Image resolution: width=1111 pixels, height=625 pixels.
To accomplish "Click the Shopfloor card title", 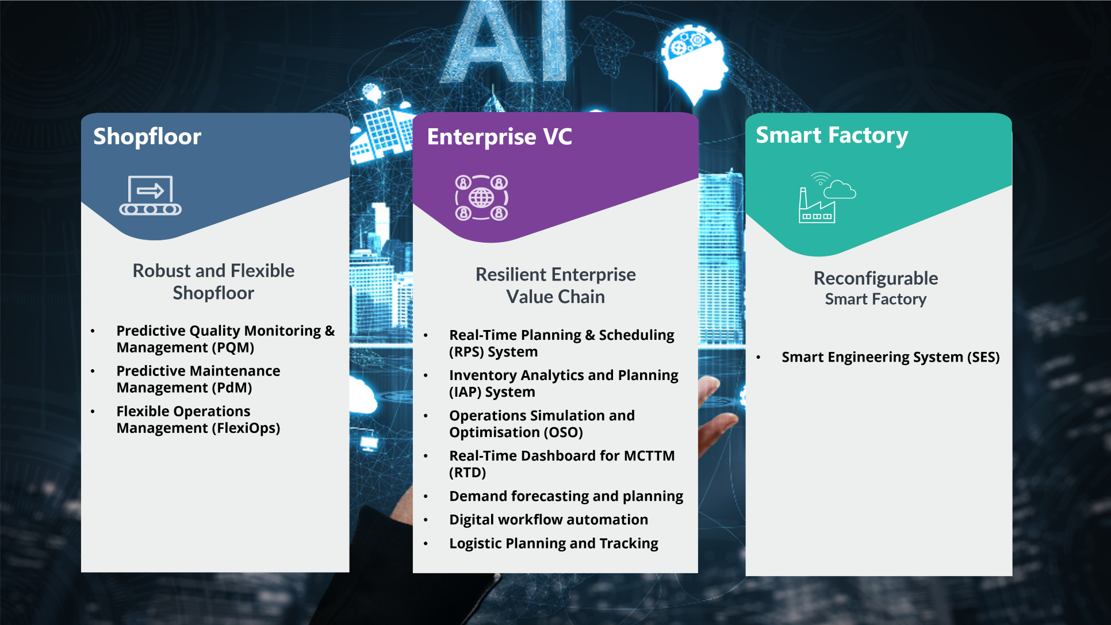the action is [147, 137].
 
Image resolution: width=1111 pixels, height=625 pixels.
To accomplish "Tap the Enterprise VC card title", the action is [499, 137].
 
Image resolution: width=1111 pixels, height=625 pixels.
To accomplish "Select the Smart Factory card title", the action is [832, 136].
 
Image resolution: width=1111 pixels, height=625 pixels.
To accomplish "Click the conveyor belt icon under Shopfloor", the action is [150, 195].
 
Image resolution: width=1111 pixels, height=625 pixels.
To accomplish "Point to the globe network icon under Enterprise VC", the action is [482, 198].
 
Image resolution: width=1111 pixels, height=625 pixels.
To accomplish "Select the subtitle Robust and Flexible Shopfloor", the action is [213, 282].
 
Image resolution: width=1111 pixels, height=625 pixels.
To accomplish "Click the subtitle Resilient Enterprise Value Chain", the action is [555, 286].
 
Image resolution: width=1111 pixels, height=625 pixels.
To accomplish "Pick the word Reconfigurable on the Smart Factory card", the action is [876, 278].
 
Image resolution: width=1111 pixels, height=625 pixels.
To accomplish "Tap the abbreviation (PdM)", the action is [232, 388].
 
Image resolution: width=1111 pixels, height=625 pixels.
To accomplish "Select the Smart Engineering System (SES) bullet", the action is [891, 357].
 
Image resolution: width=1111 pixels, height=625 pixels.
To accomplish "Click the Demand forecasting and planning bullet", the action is [566, 496].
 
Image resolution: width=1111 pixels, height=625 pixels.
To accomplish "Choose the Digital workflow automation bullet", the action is [549, 520].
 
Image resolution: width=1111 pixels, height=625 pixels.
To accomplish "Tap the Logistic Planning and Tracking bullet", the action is [554, 543].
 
